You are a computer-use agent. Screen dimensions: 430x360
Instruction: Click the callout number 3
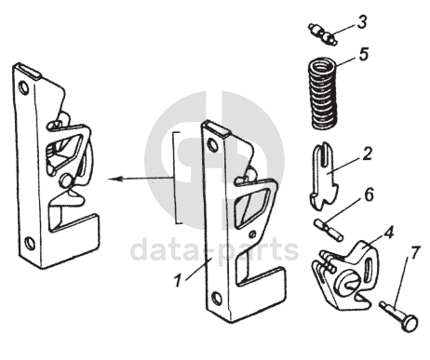[x=362, y=22]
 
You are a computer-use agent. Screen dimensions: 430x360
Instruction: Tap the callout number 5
[x=363, y=54]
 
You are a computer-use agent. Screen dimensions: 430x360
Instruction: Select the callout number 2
[x=367, y=153]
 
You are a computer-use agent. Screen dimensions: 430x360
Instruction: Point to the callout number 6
[x=369, y=194]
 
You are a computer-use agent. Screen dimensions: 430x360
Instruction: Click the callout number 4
[x=388, y=233]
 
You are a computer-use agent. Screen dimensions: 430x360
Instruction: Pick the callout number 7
[x=416, y=253]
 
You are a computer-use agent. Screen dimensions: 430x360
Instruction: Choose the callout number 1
[x=178, y=281]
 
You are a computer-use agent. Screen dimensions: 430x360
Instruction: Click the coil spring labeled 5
[x=324, y=94]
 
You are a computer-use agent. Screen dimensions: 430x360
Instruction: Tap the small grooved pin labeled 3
[x=323, y=34]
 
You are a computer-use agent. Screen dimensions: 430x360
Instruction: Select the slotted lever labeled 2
[x=324, y=175]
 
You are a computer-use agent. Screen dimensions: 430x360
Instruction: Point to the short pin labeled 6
[x=329, y=230]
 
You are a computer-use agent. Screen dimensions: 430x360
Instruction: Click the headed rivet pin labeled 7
[x=399, y=317]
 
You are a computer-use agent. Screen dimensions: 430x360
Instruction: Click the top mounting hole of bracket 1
[x=212, y=144]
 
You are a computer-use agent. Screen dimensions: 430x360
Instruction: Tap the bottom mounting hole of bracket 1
[x=217, y=299]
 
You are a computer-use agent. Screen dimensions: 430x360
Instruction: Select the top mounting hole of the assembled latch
[x=23, y=87]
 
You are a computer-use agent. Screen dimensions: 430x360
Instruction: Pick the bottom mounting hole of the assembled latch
[x=30, y=243]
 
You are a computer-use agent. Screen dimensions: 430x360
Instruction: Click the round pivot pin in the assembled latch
[x=66, y=180]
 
